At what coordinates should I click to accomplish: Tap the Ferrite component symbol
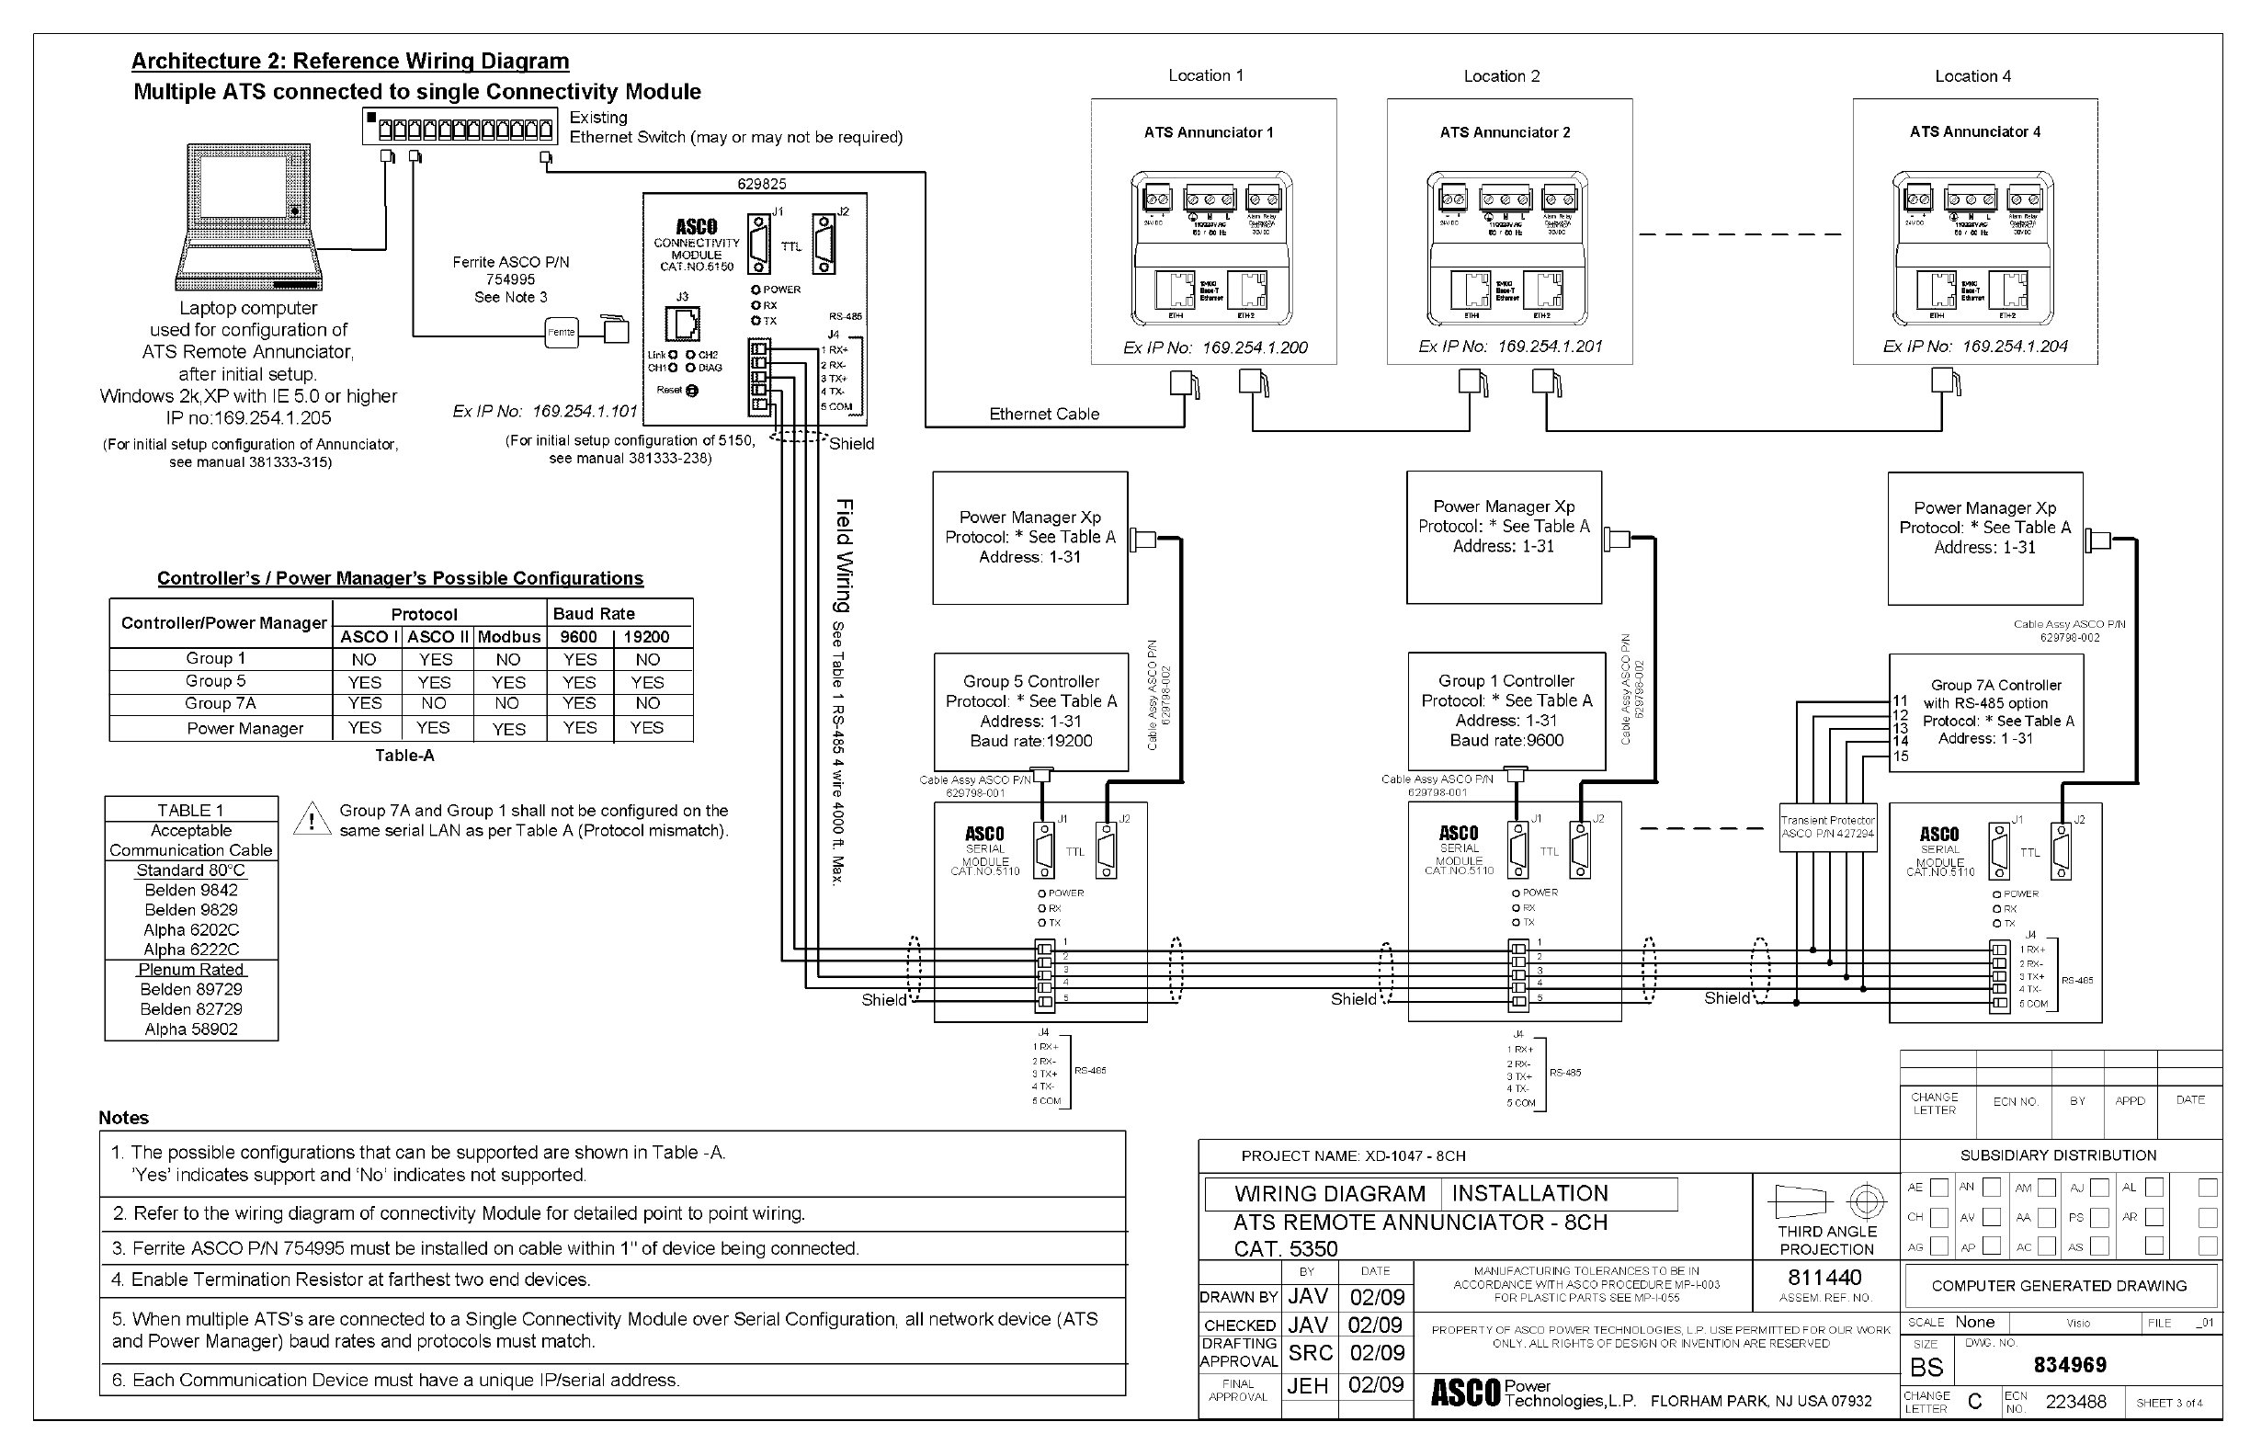click(562, 332)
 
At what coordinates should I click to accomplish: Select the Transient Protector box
click(1826, 827)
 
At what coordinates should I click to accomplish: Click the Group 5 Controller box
click(1030, 711)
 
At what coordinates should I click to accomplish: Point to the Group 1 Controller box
click(1506, 710)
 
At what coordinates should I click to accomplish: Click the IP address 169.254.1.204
click(2015, 347)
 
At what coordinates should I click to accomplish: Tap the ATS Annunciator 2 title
click(1504, 132)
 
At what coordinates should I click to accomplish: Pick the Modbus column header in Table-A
click(508, 637)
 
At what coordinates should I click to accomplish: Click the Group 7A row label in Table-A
click(221, 703)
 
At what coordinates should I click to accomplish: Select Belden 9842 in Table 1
click(191, 890)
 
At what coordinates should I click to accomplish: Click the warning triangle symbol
click(311, 819)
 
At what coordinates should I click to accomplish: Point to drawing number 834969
click(2070, 1365)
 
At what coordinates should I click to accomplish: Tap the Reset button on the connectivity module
click(691, 391)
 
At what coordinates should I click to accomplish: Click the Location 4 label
click(1972, 76)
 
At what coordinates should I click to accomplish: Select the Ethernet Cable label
click(1044, 415)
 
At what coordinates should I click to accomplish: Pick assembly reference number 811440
click(1824, 1278)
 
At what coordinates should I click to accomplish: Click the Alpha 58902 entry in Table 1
click(191, 1029)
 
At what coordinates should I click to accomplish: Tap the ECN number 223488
click(2075, 1402)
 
